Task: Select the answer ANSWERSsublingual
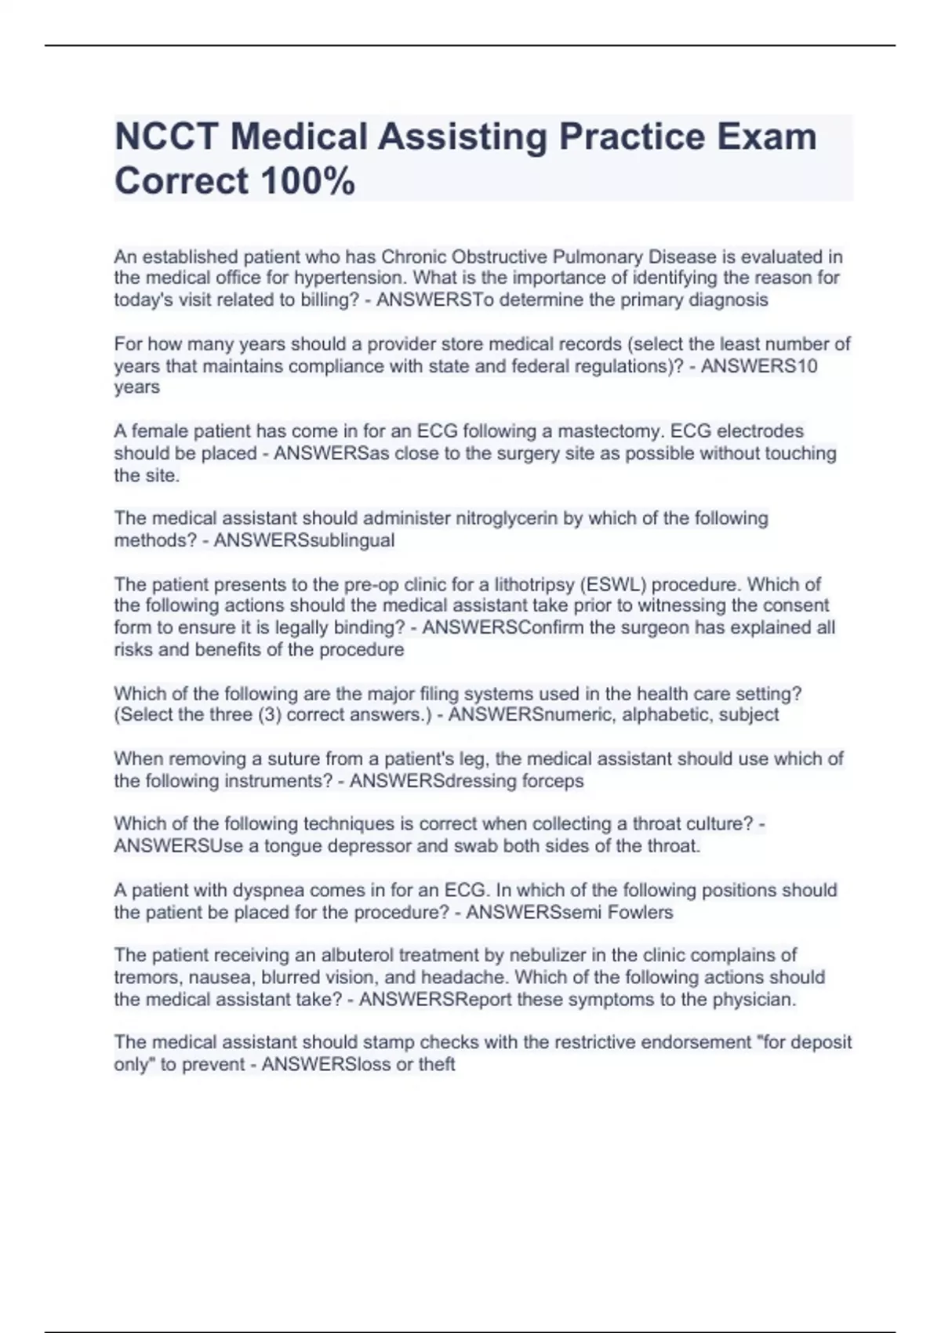(x=304, y=540)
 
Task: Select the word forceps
(x=551, y=781)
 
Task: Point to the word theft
(x=436, y=1064)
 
